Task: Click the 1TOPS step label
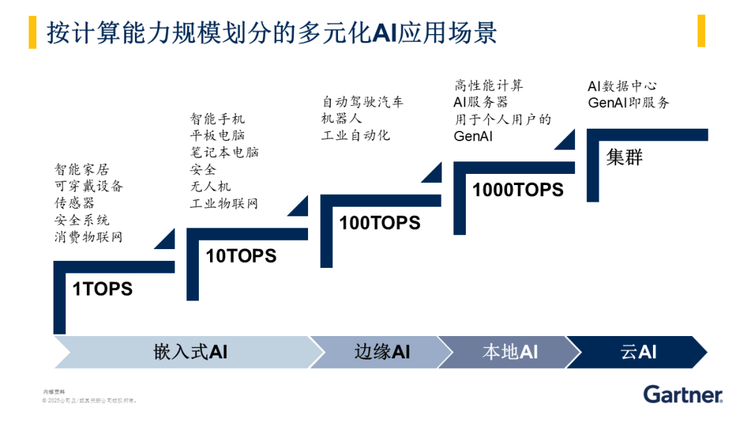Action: [102, 289]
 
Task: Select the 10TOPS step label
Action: [241, 256]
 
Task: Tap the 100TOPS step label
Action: [380, 223]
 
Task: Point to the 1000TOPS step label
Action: [518, 190]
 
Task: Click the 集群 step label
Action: [624, 157]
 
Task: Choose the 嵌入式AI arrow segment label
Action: [190, 352]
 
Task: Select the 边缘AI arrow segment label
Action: [382, 352]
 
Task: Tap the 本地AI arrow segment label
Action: [510, 352]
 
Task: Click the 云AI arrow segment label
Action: [638, 352]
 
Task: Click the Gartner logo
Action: [683, 394]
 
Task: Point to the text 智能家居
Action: [82, 169]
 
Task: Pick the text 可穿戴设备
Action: [89, 186]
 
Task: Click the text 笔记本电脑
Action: [224, 152]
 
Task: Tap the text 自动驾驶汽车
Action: [362, 102]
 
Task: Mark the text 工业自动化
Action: [355, 136]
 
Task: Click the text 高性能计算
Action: [488, 86]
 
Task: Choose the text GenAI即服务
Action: [628, 103]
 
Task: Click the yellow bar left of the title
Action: [33, 32]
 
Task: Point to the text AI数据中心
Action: [622, 86]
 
